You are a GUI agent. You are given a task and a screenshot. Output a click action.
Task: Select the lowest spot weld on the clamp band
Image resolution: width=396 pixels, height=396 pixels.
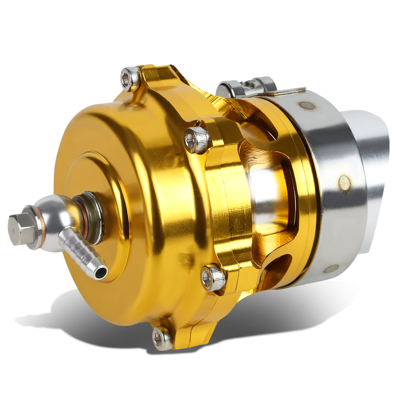coord(330,268)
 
